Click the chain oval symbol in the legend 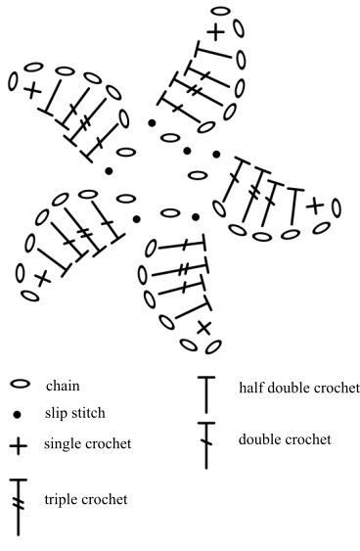pos(20,384)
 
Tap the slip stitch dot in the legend pos(17,415)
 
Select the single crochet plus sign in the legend pos(19,446)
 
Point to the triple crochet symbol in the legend pos(19,507)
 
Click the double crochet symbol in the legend pos(206,445)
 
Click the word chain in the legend pos(63,386)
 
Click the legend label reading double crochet pos(285,439)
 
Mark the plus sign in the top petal pos(216,31)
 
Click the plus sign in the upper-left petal pos(33,90)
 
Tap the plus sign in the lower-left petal pos(42,278)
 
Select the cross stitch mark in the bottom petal pos(203,329)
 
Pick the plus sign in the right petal pos(315,206)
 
